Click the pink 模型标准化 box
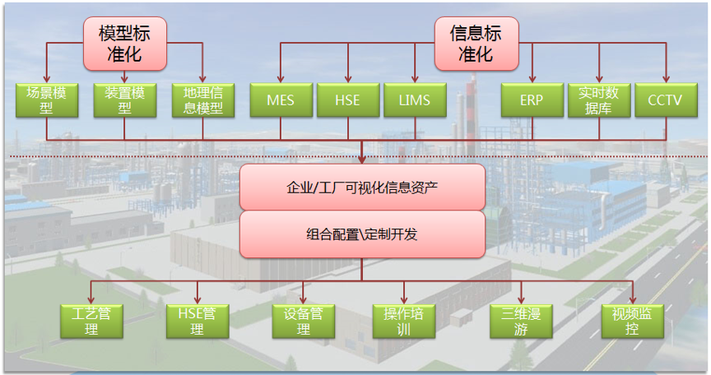coord(124,44)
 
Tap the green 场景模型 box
coord(46,100)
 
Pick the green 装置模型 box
coord(124,100)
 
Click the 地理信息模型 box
coord(203,100)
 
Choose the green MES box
coord(280,100)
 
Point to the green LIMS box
coord(415,100)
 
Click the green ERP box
coord(532,100)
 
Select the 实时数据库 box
coord(598,100)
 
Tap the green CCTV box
coord(665,100)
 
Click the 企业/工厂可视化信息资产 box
coord(362,187)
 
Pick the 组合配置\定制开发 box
coord(362,234)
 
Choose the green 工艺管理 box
coord(91,321)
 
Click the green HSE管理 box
coord(197,321)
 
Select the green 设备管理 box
coord(303,321)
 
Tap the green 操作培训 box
coord(403,321)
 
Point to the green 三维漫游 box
coord(519,321)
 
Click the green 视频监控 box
coord(632,321)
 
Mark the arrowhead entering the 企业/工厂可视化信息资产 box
coord(362,159)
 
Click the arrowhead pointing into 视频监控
coord(632,299)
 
